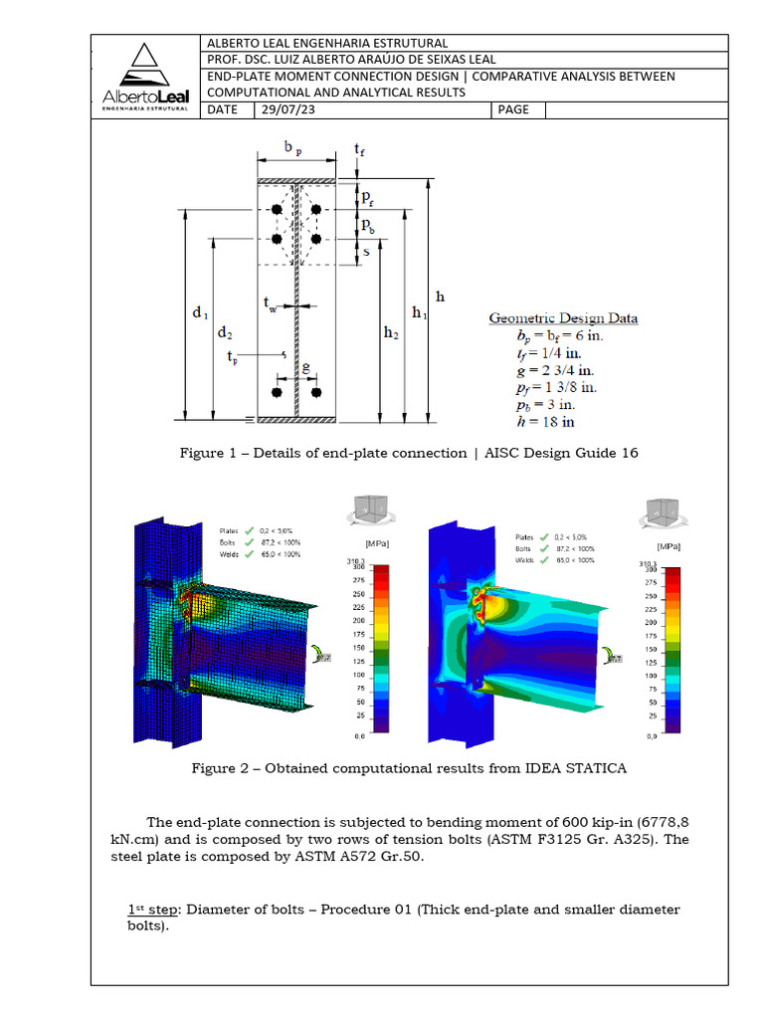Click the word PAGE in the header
tap(513, 109)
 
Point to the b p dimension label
tap(293, 148)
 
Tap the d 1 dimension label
tap(200, 312)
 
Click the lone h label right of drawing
tap(441, 296)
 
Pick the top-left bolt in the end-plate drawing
tap(279, 209)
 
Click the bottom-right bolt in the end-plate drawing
tap(315, 393)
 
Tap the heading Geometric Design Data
tap(563, 318)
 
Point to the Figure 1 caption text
tap(409, 453)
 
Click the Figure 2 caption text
tap(409, 768)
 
